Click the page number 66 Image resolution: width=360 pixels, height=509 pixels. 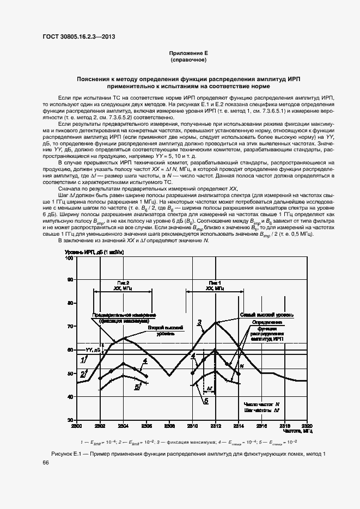[x=46, y=462]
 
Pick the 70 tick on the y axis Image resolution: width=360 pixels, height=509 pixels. [x=70, y=326]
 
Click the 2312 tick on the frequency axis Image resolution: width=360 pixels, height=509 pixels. [x=215, y=425]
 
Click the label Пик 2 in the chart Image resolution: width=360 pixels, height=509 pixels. [x=123, y=283]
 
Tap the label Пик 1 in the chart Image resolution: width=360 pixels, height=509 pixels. [x=215, y=283]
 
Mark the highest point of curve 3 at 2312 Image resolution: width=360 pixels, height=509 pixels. [x=216, y=322]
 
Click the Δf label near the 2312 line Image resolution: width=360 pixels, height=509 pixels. [x=209, y=389]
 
